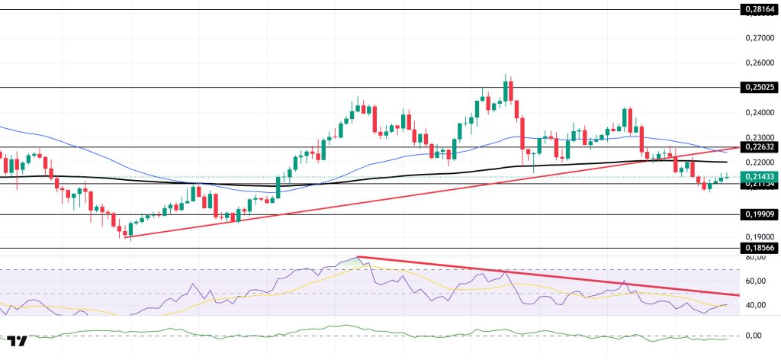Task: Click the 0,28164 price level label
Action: (759, 10)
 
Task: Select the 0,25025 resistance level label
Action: (759, 88)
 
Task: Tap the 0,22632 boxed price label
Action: (759, 147)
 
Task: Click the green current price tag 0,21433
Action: (759, 176)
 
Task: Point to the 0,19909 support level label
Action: (759, 215)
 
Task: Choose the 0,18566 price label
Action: (759, 248)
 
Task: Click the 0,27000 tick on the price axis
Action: (759, 37)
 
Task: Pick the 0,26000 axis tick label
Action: (759, 63)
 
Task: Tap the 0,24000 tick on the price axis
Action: (759, 113)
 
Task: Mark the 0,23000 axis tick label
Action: (759, 137)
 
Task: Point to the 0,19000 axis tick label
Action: (759, 237)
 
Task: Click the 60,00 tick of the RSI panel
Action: (756, 281)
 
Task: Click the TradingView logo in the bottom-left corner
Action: (18, 341)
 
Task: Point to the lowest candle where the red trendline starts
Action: (128, 238)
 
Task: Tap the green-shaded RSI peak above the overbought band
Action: (355, 260)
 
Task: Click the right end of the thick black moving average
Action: (726, 162)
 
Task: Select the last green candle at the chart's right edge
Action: (727, 176)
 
